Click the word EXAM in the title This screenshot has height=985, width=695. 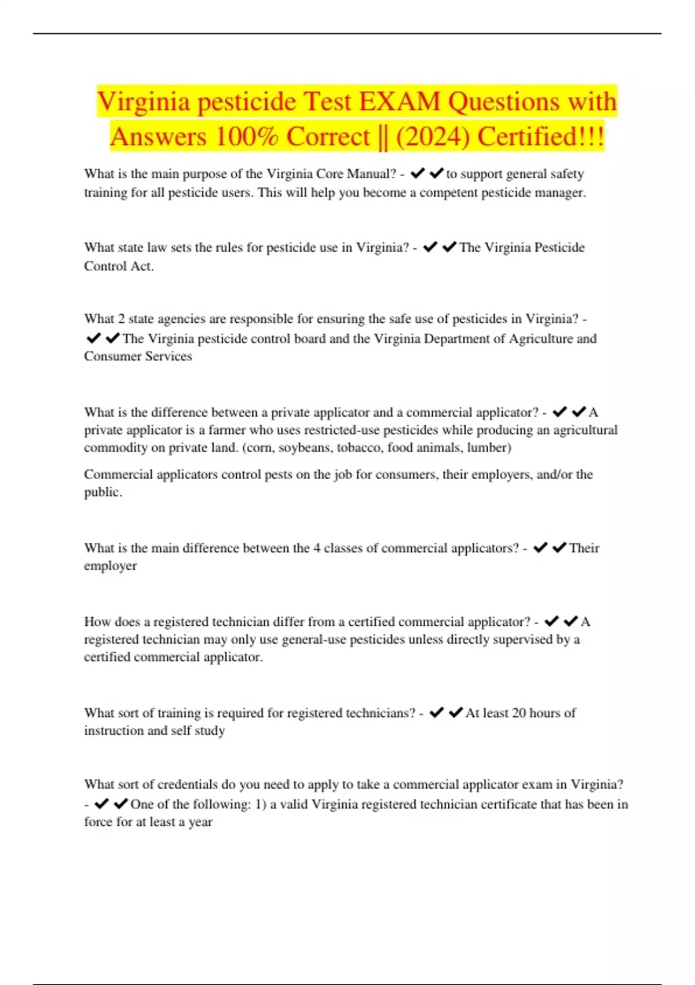click(x=400, y=101)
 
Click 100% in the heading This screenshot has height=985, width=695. click(x=247, y=137)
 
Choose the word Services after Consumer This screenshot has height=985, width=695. click(x=165, y=356)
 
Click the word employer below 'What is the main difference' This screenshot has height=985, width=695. click(x=110, y=566)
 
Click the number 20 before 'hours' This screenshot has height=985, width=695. click(x=519, y=713)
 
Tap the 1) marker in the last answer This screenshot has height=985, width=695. click(x=261, y=804)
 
